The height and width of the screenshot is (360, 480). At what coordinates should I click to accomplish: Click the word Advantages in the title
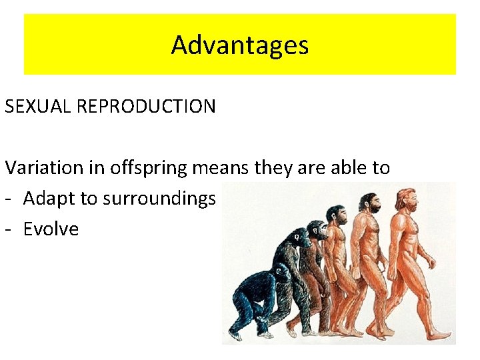coord(240,45)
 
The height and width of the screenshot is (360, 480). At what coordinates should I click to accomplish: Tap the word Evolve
coord(51,229)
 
